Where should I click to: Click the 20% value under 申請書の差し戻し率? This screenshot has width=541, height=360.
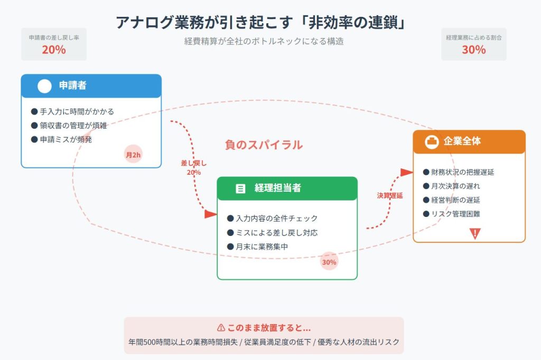pyautogui.click(x=54, y=50)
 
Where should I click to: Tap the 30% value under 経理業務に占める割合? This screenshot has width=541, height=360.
pyautogui.click(x=473, y=50)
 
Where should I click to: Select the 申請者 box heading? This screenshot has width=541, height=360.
pyautogui.click(x=73, y=85)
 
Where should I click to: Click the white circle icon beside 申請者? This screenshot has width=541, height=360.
pyautogui.click(x=45, y=86)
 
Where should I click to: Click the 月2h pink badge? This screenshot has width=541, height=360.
pyautogui.click(x=134, y=155)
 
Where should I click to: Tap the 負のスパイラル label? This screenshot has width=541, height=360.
pyautogui.click(x=264, y=145)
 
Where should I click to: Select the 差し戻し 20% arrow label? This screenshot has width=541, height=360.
pyautogui.click(x=193, y=168)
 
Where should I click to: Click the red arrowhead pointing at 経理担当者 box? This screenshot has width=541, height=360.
pyautogui.click(x=211, y=214)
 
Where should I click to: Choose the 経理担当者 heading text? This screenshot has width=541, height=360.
pyautogui.click(x=278, y=188)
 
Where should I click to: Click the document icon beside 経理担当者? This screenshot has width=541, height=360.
pyautogui.click(x=240, y=188)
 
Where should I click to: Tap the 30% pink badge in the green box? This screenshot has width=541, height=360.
pyautogui.click(x=329, y=262)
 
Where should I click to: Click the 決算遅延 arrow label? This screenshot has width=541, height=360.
pyautogui.click(x=390, y=195)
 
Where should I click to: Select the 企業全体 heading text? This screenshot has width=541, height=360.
pyautogui.click(x=462, y=141)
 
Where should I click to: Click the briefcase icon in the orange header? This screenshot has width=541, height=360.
pyautogui.click(x=432, y=142)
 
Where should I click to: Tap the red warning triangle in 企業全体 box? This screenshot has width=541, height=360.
pyautogui.click(x=475, y=233)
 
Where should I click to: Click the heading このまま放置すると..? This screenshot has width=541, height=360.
pyautogui.click(x=264, y=328)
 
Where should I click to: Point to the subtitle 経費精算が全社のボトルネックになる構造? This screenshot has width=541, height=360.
pyautogui.click(x=264, y=41)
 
